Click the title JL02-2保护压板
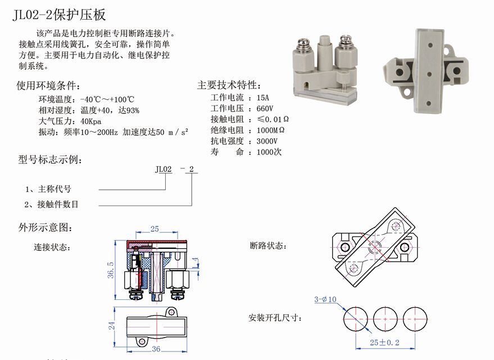(59, 15)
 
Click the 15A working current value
(263, 98)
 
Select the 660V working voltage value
(265, 108)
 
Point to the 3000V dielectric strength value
(267, 141)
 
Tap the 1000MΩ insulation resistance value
(270, 130)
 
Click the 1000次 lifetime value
(269, 152)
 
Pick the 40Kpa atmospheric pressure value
(90, 121)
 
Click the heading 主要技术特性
(229, 85)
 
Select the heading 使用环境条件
(48, 85)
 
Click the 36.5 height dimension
(111, 270)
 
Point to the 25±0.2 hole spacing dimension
(384, 343)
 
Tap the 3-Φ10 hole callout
(325, 299)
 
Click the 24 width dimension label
(111, 326)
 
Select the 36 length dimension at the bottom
(156, 349)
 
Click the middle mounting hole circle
(386, 319)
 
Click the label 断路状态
(268, 245)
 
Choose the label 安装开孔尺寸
(275, 317)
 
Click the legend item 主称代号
(55, 189)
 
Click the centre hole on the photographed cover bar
(429, 74)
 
